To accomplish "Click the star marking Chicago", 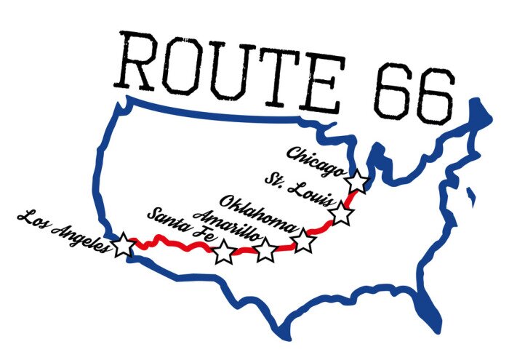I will click(x=357, y=182).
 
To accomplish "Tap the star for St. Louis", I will click(x=340, y=214).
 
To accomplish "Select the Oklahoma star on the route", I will click(x=303, y=241).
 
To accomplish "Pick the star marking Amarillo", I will click(x=265, y=249).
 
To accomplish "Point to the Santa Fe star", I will click(x=223, y=252).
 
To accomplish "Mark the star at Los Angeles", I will click(x=124, y=245).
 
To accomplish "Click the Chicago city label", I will click(x=314, y=161).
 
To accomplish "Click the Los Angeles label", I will click(x=64, y=231).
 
